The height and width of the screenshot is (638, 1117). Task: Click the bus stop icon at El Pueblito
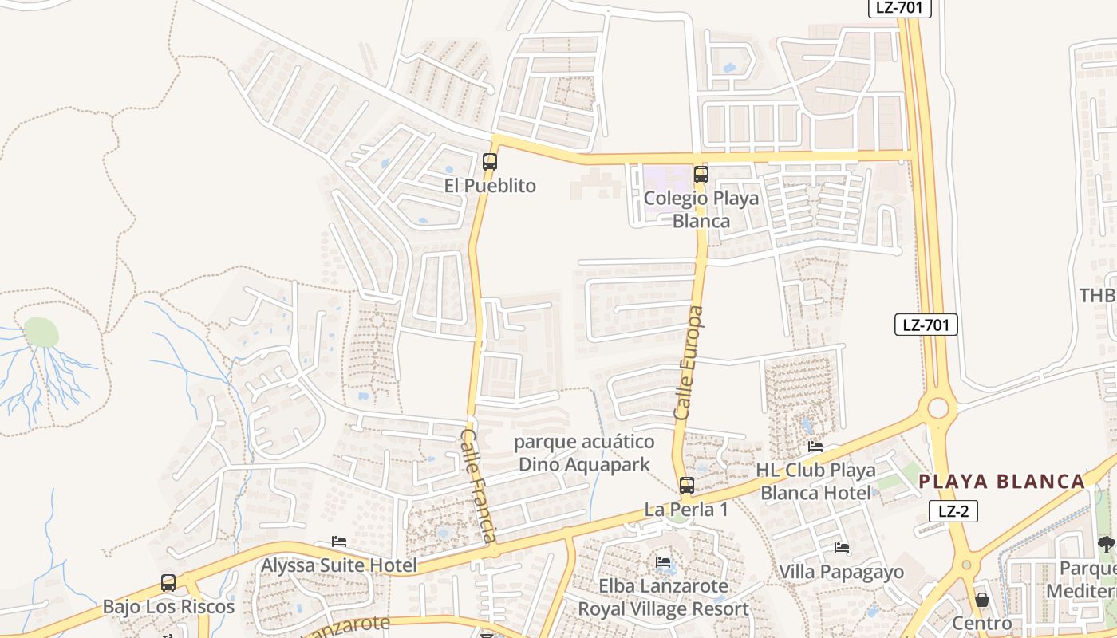pos(490,162)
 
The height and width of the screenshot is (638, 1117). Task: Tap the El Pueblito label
pos(490,186)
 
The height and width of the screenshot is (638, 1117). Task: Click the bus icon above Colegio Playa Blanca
pos(701,174)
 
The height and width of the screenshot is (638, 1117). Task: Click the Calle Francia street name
pos(479,485)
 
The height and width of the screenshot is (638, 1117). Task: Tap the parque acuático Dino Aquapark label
pos(584,453)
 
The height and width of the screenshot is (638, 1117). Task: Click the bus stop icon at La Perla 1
pos(686,485)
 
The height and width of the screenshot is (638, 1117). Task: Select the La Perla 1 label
pos(686,509)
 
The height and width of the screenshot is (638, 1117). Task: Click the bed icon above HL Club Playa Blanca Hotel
pos(815,447)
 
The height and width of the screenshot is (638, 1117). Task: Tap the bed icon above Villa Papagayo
pos(841,548)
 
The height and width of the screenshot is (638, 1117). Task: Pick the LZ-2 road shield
pos(953,511)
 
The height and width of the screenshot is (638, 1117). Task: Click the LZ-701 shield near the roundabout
pos(926,325)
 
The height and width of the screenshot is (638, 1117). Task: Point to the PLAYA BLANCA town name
pos(1001,482)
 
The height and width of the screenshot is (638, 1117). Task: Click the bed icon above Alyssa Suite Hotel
pos(339,542)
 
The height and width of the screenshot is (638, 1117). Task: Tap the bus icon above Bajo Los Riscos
pos(168,583)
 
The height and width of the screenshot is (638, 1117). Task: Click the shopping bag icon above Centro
pos(981,600)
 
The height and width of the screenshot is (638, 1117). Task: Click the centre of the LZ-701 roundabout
pos(938,408)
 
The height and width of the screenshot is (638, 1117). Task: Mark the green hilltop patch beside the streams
pos(41,331)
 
